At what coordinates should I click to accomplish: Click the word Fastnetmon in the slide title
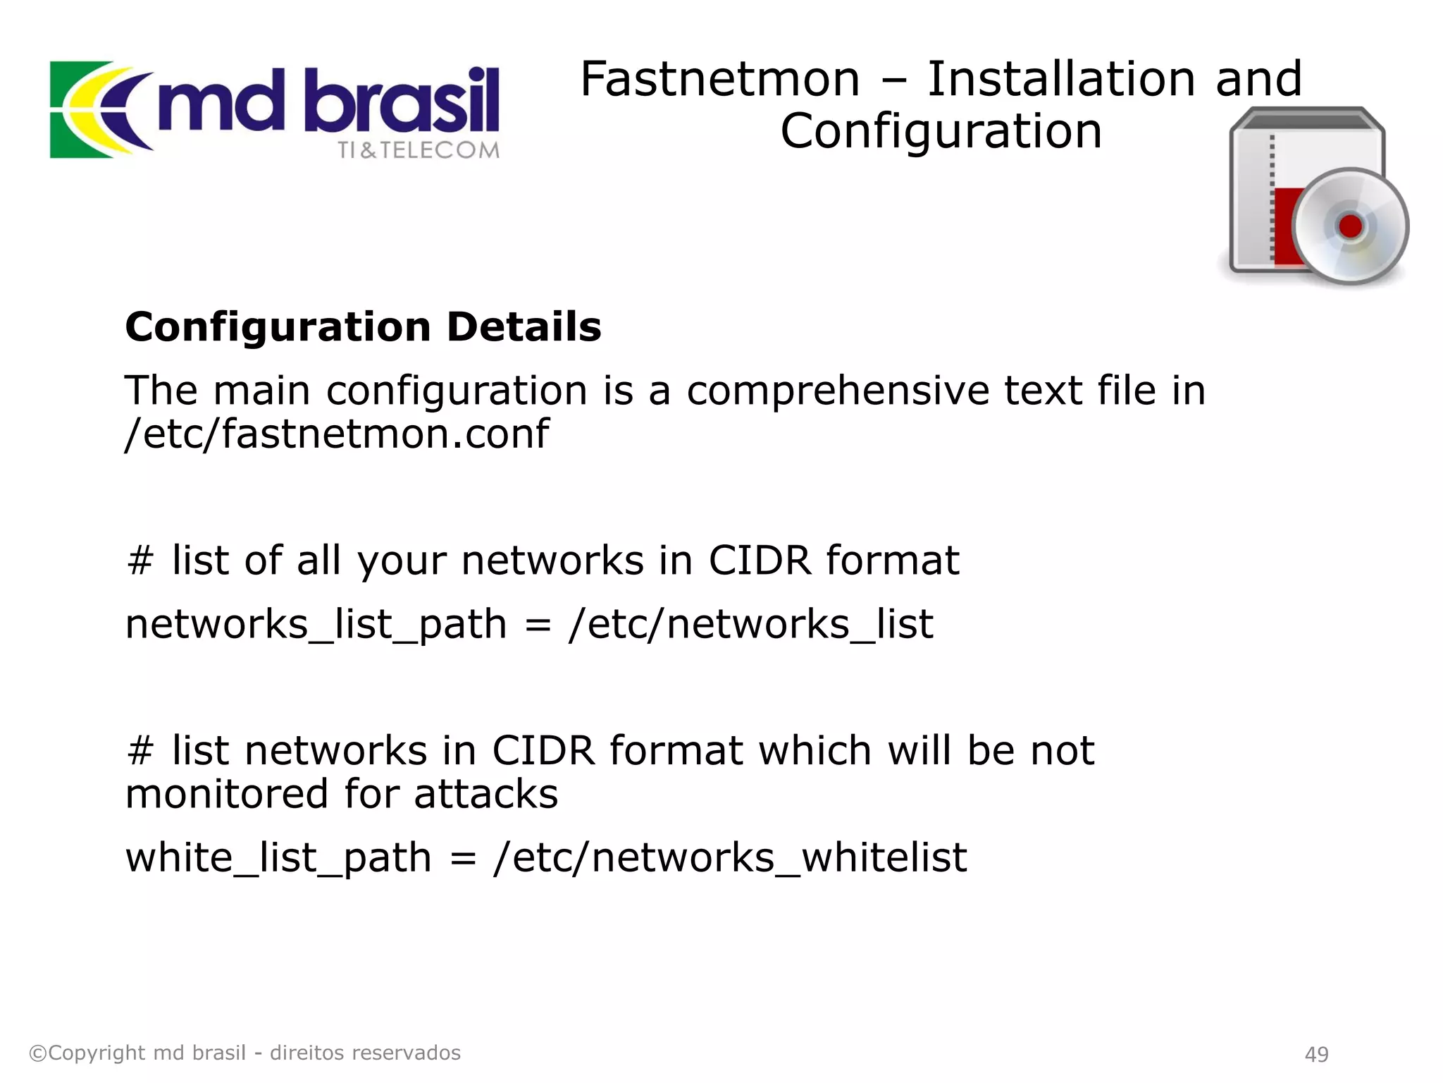tap(719, 79)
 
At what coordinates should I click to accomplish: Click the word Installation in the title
tap(1061, 79)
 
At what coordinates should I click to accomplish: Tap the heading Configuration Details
tap(363, 327)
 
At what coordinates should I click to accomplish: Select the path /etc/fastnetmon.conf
tap(337, 434)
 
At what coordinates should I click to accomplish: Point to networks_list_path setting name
tap(316, 625)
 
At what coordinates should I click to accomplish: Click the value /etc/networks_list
tap(751, 625)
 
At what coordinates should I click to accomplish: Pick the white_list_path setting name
tap(278, 858)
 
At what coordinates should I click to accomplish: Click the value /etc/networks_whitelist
tap(731, 858)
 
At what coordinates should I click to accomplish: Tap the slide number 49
tap(1316, 1054)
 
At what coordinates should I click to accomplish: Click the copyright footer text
tap(244, 1053)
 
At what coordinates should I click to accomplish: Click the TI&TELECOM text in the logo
tap(418, 150)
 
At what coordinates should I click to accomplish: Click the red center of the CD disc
tap(1350, 226)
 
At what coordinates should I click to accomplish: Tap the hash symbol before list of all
tap(140, 561)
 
